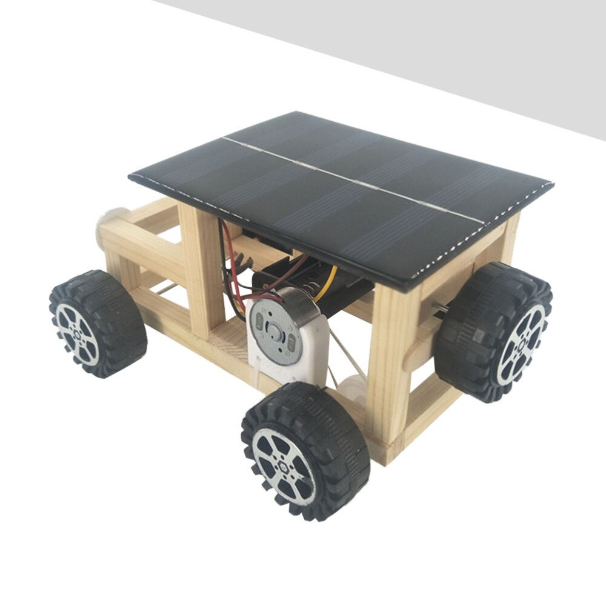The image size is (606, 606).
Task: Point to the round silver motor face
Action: tap(276, 333)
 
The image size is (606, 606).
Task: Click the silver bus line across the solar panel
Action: tap(351, 179)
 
